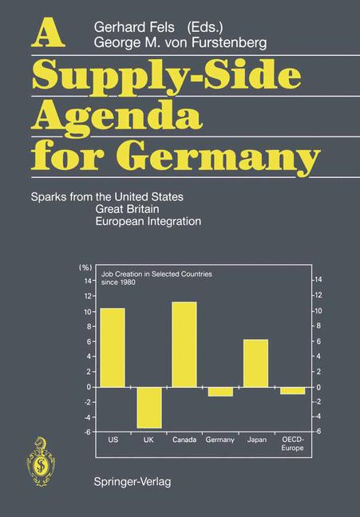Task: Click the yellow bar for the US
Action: click(x=112, y=347)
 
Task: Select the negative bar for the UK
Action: click(x=148, y=407)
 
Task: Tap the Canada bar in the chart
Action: click(x=184, y=344)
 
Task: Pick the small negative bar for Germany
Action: click(x=220, y=391)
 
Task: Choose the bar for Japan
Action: click(x=255, y=363)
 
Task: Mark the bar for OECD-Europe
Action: click(x=292, y=390)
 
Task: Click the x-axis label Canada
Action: click(x=184, y=440)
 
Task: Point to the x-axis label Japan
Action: click(x=256, y=440)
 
